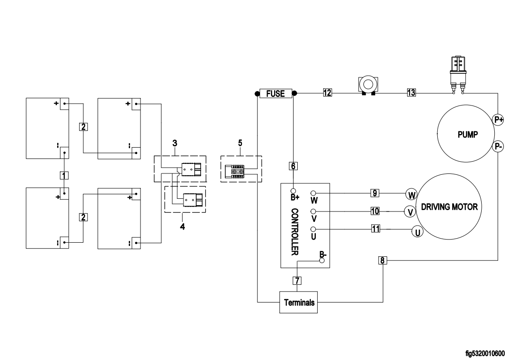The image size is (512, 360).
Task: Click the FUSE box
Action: point(275,94)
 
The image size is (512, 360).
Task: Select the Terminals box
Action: point(299,302)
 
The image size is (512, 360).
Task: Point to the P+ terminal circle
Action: point(498,120)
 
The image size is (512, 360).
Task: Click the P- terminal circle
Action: point(498,146)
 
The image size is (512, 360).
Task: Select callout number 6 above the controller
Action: point(294,166)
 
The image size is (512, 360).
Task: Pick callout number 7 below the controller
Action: point(297,280)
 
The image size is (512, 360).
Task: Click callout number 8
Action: point(383,260)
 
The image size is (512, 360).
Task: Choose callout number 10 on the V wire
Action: point(375,211)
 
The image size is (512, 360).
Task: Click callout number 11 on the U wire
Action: point(375,229)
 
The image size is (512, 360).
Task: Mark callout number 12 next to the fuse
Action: point(327,93)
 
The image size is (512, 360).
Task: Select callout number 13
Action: point(411,93)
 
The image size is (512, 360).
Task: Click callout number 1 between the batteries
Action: point(65,174)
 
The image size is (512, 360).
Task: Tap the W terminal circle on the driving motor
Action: point(411,195)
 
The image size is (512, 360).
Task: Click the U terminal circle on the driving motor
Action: point(417,232)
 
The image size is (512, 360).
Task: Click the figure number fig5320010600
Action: point(485,352)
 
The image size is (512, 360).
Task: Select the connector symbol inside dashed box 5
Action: point(237,172)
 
